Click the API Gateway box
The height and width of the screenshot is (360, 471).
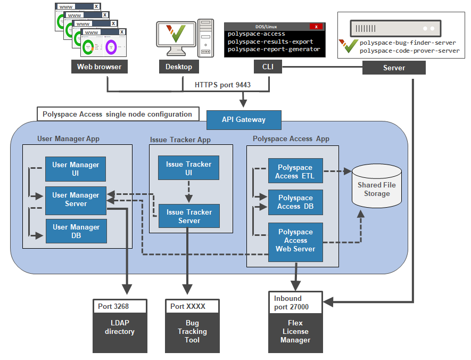244,120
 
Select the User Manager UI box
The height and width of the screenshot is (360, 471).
76,169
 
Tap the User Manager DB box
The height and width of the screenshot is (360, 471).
76,231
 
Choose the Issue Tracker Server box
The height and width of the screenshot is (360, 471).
189,216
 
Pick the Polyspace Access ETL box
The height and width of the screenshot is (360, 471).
295,172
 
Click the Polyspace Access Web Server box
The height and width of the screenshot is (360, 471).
295,241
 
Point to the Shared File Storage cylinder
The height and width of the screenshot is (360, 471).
377,186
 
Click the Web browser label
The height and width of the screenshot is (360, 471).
99,67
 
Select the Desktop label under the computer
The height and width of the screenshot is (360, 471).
179,67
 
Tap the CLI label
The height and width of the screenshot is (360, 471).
268,67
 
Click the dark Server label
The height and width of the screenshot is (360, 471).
394,68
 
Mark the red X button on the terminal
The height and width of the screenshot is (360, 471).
316,27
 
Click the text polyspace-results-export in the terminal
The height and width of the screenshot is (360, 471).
270,42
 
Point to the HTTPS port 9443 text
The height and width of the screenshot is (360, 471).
222,85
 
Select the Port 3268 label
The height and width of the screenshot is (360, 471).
113,306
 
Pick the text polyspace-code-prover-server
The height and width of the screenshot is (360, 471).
409,51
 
